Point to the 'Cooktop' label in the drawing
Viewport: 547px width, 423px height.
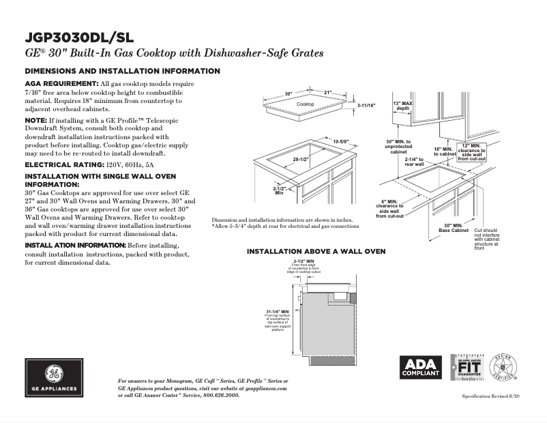(x=306, y=104)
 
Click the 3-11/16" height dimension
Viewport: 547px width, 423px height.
(x=366, y=106)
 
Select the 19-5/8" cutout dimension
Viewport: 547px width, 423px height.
(x=340, y=141)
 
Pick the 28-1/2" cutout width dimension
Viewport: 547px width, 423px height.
(x=301, y=159)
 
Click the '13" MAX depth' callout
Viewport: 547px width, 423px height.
(x=403, y=106)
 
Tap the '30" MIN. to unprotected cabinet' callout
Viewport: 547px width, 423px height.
(x=398, y=147)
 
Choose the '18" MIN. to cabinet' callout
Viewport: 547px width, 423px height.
(x=444, y=151)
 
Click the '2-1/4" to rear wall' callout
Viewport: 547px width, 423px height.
(x=414, y=162)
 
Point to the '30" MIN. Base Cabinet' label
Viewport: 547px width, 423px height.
(x=453, y=227)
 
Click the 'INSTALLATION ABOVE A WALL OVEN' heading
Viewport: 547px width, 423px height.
(x=316, y=252)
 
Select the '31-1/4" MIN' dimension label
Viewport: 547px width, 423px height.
(x=278, y=311)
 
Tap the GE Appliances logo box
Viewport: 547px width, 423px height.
(x=55, y=377)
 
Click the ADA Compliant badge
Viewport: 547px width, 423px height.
(x=420, y=368)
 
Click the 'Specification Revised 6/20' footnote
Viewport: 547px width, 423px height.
(x=490, y=396)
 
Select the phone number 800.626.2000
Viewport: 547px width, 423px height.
(x=218, y=395)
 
